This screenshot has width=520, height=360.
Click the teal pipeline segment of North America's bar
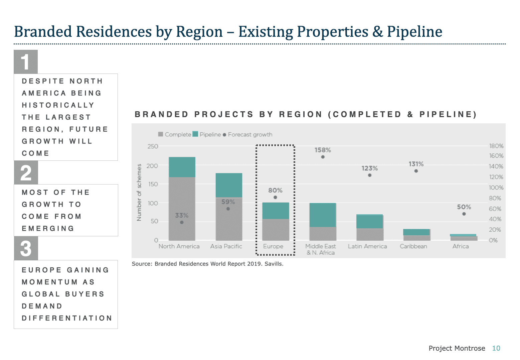click(x=182, y=167)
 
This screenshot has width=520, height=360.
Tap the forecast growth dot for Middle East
click(x=323, y=157)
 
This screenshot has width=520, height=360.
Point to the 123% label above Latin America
click(x=369, y=168)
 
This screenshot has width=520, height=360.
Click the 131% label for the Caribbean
click(x=416, y=164)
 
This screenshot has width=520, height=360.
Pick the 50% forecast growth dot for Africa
click(x=464, y=214)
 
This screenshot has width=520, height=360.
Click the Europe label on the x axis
click(x=273, y=246)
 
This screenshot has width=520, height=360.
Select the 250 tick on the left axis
click(x=153, y=146)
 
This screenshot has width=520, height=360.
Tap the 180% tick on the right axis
click(x=496, y=146)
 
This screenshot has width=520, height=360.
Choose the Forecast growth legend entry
click(x=247, y=134)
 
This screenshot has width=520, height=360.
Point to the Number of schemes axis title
click(x=139, y=192)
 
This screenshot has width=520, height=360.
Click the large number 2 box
click(x=26, y=173)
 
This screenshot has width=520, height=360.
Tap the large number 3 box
click(x=26, y=248)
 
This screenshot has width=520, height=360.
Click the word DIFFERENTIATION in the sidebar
click(x=67, y=318)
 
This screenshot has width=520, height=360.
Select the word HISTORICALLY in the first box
click(x=58, y=105)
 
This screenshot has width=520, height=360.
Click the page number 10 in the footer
click(x=496, y=348)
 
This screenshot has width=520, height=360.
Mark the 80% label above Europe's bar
click(x=275, y=190)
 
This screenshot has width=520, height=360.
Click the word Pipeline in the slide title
click(x=414, y=32)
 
